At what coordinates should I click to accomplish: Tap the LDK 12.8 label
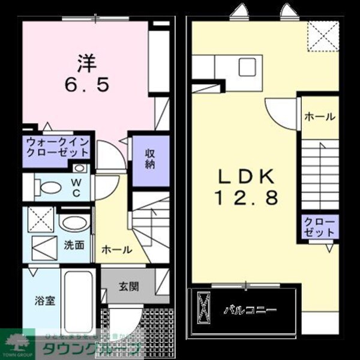245,187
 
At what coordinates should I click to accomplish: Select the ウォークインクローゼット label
57,147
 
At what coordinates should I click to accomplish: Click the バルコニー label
250,311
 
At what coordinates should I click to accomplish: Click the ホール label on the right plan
319,117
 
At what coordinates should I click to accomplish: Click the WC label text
77,187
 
